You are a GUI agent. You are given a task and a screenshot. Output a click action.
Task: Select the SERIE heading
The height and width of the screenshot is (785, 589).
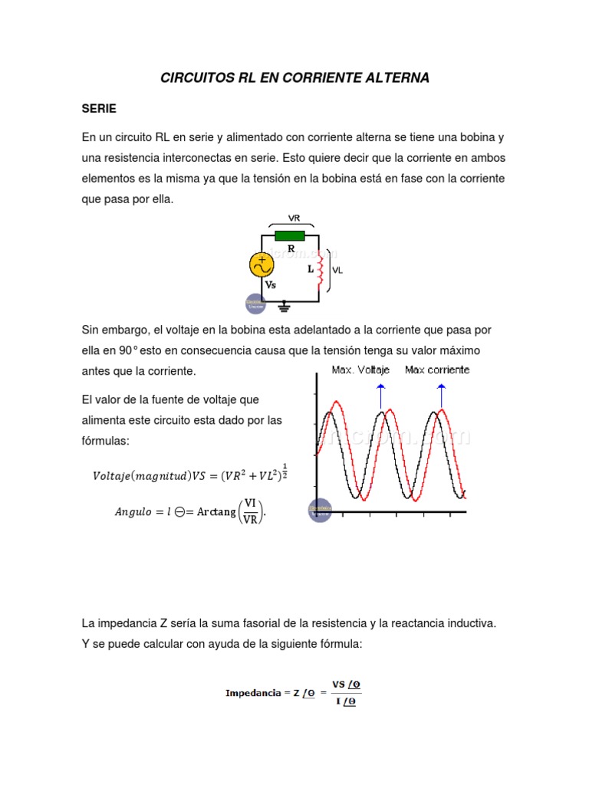[99, 109]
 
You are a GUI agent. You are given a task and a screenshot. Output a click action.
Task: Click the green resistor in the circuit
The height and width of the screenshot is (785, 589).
[290, 236]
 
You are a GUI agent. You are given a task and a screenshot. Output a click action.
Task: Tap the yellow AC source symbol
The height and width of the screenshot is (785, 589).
[262, 264]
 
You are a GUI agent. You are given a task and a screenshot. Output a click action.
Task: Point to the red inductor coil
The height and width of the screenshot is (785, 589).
[321, 269]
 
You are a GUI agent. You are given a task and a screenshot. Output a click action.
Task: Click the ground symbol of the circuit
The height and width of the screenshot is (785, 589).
[285, 307]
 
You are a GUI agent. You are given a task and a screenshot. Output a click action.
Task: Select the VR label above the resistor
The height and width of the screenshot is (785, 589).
[293, 217]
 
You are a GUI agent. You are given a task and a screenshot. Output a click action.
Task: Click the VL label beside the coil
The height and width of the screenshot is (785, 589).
[337, 271]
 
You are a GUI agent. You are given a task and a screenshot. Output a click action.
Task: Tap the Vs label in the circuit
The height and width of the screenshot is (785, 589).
[270, 284]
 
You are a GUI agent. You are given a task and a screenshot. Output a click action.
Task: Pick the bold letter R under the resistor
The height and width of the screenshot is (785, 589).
[291, 249]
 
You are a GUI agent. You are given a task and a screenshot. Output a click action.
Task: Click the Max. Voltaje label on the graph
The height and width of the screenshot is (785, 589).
[360, 370]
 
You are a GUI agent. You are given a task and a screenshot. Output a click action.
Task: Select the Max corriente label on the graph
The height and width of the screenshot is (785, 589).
[437, 370]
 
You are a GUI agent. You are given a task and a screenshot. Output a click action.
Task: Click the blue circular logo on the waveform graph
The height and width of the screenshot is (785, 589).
[320, 510]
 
